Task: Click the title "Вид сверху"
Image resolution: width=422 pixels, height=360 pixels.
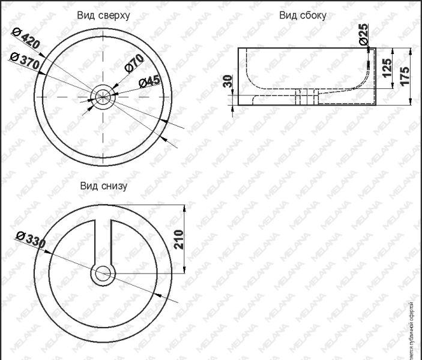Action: point(103,14)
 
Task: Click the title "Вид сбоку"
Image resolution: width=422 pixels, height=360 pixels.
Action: point(302,16)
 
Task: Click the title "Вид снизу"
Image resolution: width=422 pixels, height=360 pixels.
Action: point(103,186)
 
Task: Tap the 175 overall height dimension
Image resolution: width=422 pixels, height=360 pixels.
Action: point(405,76)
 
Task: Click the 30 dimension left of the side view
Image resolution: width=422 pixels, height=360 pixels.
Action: point(227,82)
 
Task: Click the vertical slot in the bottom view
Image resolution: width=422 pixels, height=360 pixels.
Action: point(103,240)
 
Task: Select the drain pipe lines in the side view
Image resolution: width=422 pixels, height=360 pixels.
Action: point(306,96)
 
